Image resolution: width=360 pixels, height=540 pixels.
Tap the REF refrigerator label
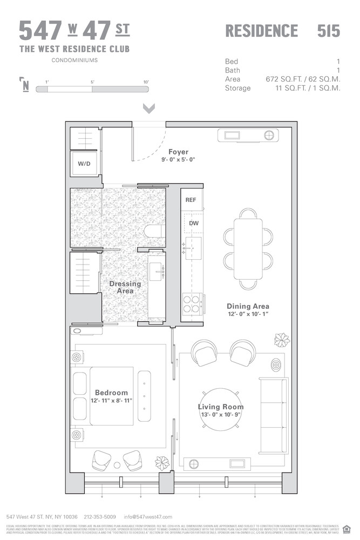[191, 200]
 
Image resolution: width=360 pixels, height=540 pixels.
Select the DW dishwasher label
[193, 222]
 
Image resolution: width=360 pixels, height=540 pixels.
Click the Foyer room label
[178, 152]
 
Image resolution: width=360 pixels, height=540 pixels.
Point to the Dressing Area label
[125, 287]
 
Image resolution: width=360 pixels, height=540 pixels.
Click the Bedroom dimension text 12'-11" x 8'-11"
[111, 401]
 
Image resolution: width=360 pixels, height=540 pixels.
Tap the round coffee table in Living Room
[220, 407]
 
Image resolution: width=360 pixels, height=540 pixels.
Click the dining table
[248, 246]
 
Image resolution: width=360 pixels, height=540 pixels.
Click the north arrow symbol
[25, 85]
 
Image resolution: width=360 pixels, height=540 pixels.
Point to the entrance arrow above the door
[149, 109]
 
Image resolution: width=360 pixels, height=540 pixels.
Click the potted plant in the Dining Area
[281, 340]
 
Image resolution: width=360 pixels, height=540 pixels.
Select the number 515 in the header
[328, 31]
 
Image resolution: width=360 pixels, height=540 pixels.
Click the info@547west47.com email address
[148, 517]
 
